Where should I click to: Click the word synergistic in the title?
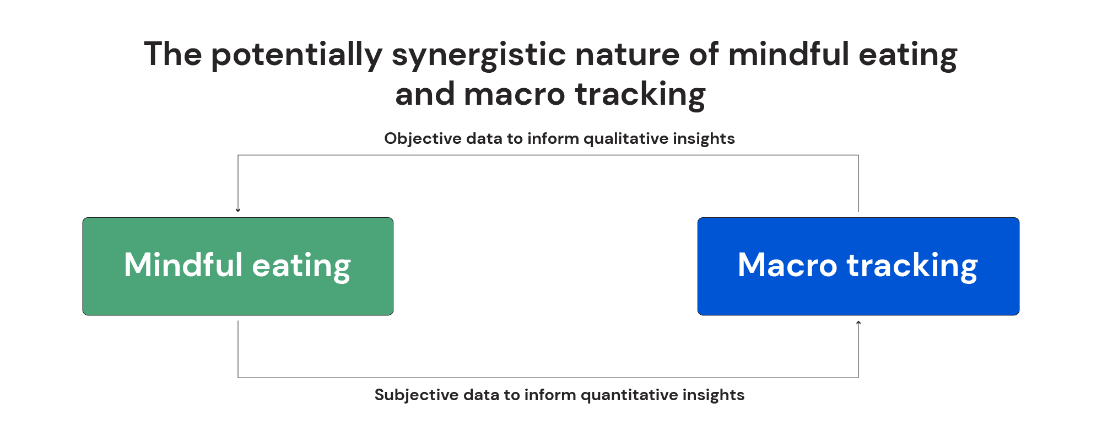pyautogui.click(x=478, y=55)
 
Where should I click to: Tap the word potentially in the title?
pyautogui.click(x=296, y=55)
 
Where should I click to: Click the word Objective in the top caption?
pyautogui.click(x=423, y=138)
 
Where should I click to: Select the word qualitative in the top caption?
pyautogui.click(x=625, y=138)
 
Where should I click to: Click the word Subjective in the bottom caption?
pyautogui.click(x=417, y=395)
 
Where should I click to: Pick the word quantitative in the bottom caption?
pyautogui.click(x=629, y=395)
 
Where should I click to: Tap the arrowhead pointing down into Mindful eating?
pyautogui.click(x=238, y=210)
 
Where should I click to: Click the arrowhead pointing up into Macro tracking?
pyautogui.click(x=858, y=322)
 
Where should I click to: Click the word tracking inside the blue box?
pyautogui.click(x=912, y=265)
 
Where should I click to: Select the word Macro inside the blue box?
pyautogui.click(x=787, y=265)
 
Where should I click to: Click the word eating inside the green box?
pyautogui.click(x=301, y=265)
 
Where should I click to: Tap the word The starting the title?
pyautogui.click(x=172, y=55)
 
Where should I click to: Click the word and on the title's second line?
pyautogui.click(x=424, y=94)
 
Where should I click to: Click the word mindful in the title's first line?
pyautogui.click(x=788, y=55)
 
